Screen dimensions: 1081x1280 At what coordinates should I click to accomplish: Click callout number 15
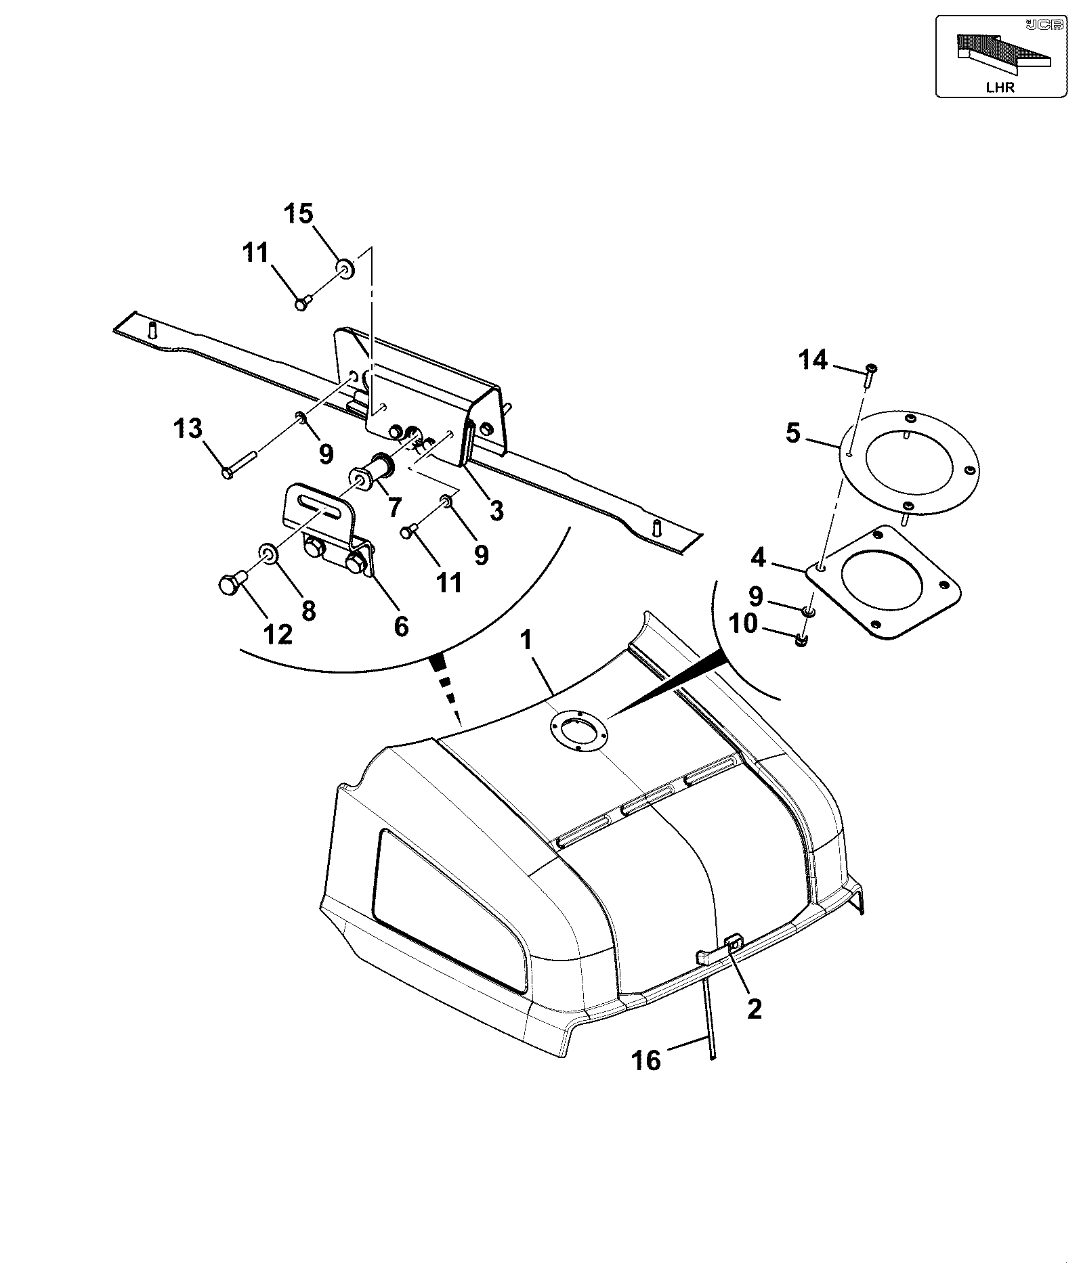pyautogui.click(x=298, y=214)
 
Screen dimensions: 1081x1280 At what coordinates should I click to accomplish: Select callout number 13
pyautogui.click(x=188, y=428)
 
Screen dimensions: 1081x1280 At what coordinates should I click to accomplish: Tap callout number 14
pyautogui.click(x=813, y=360)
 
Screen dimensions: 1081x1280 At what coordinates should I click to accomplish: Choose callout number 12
pyautogui.click(x=278, y=634)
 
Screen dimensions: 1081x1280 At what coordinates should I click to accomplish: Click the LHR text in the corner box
pyautogui.click(x=1000, y=87)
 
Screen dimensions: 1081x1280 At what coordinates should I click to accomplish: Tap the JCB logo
pyautogui.click(x=1037, y=25)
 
